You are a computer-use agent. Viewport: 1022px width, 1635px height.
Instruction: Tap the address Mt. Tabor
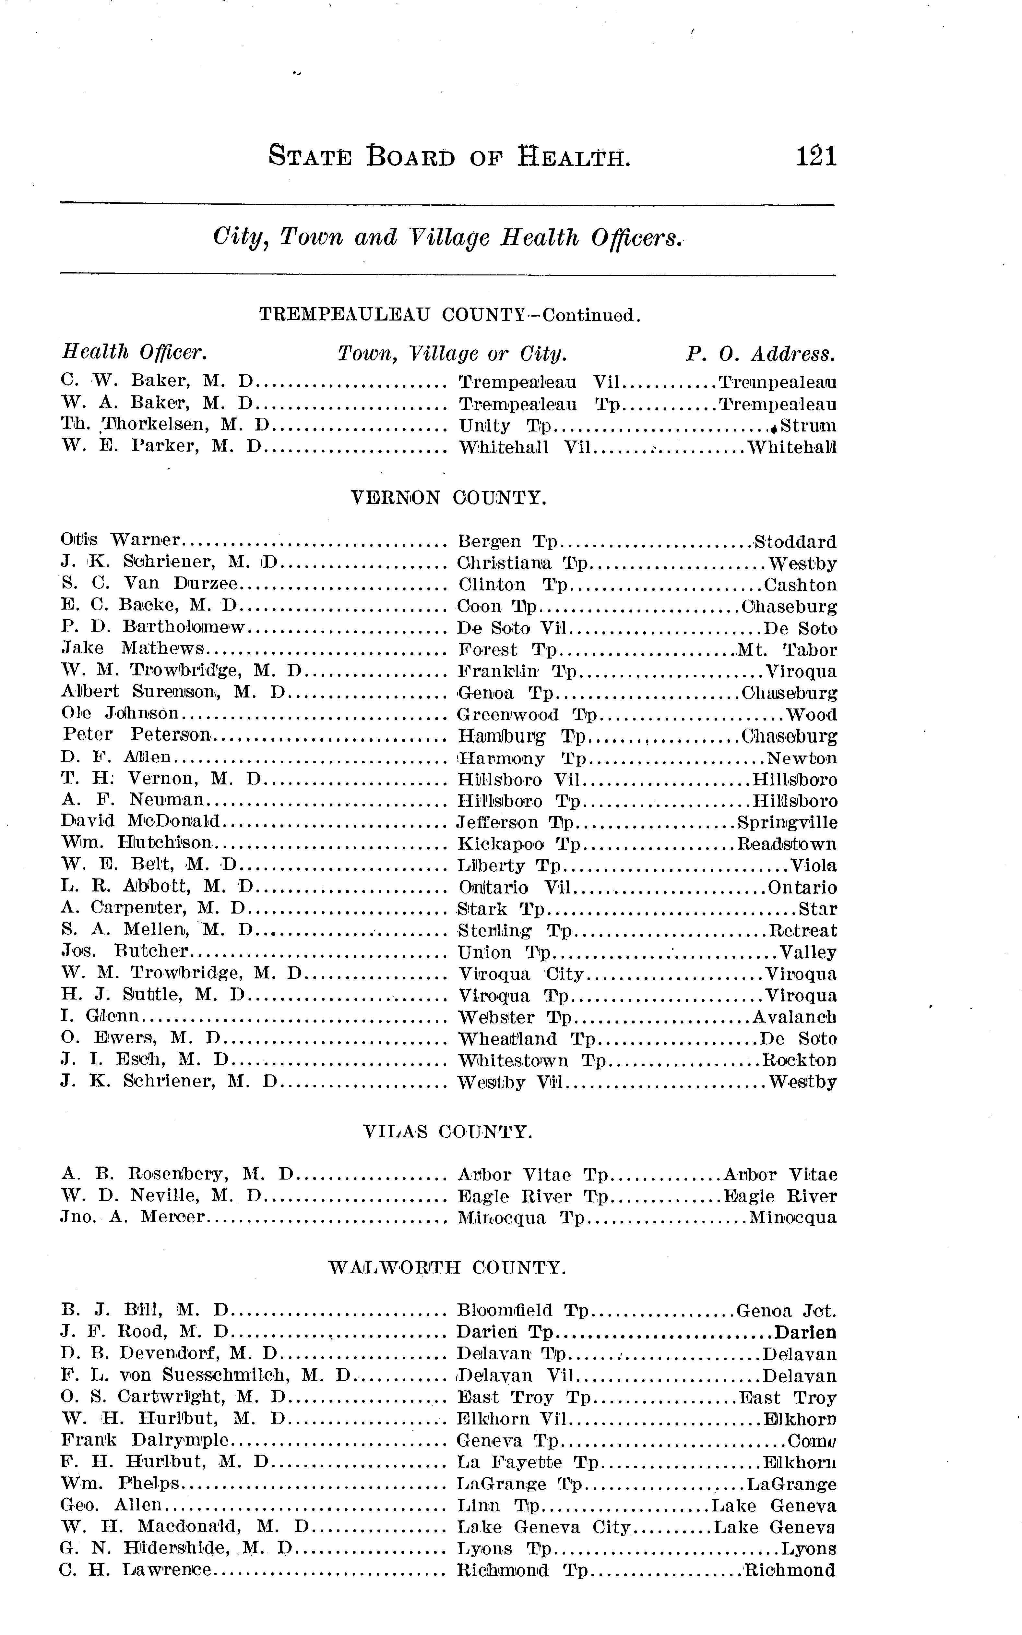(x=787, y=650)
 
